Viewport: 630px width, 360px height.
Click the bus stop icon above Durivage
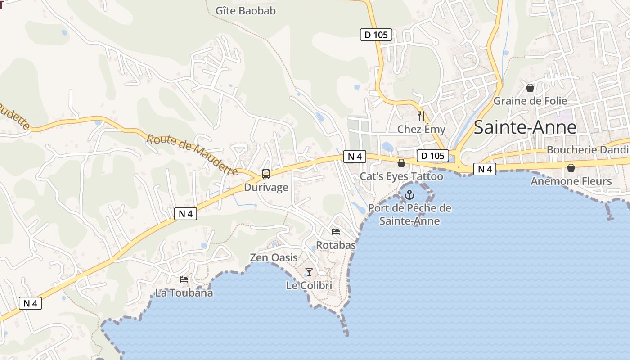266,174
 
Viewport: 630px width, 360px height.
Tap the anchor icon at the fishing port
409,195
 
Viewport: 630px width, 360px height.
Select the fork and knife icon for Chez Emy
421,116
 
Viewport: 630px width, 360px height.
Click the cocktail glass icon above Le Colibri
309,272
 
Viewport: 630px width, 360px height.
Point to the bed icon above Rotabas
336,232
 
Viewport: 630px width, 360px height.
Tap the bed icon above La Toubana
184,279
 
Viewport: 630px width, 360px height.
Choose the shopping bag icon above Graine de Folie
530,88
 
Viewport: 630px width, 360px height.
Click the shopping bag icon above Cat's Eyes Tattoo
401,163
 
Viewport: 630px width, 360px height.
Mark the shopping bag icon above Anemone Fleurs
571,168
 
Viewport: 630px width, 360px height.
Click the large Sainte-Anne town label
525,127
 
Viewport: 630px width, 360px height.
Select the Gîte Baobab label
245,11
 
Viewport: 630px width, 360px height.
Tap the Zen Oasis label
274,257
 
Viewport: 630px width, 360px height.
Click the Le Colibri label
309,285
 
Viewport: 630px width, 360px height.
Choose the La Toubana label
184,293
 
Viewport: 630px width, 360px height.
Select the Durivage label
266,187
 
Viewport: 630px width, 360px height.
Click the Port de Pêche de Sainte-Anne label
409,215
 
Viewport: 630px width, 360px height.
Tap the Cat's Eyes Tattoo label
401,176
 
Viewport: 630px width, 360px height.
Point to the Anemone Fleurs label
571,181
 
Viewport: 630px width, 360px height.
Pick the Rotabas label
336,245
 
